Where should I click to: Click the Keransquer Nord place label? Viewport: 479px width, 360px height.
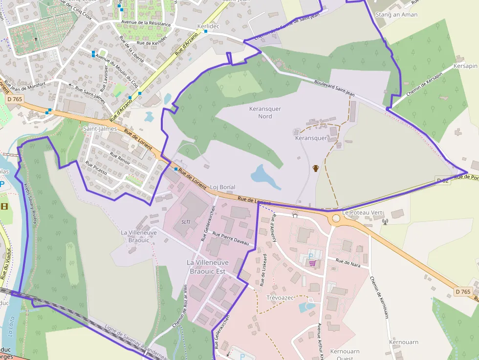(265, 112)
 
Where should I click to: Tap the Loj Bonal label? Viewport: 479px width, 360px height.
(222, 187)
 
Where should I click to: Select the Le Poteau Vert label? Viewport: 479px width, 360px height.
(362, 213)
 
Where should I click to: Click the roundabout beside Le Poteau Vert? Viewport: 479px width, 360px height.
(336, 218)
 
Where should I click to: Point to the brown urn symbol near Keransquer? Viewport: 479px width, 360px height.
(316, 169)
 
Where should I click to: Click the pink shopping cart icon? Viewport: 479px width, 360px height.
(312, 264)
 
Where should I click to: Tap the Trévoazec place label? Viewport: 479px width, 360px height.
(280, 297)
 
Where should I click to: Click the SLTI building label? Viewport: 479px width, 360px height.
(186, 221)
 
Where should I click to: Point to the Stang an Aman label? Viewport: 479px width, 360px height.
(396, 15)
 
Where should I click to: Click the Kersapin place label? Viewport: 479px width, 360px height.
(465, 66)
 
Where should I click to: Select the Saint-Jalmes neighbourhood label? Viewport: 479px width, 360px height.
(100, 128)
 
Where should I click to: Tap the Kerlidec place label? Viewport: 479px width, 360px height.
(208, 25)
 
